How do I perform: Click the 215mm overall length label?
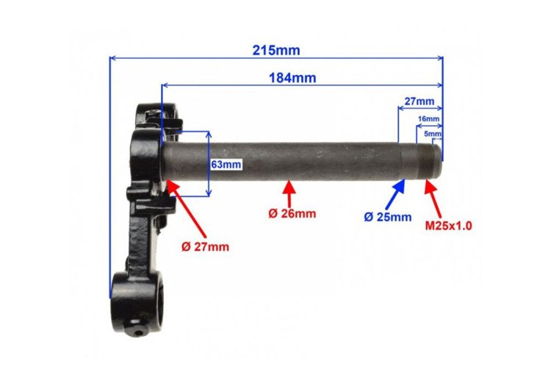pyautogui.click(x=276, y=51)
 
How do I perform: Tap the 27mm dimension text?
pyautogui.click(x=419, y=101)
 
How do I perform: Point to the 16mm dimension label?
pyautogui.click(x=429, y=118)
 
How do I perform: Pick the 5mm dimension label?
pyautogui.click(x=434, y=134)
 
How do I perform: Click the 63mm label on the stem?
pyautogui.click(x=226, y=165)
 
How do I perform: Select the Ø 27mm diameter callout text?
pyautogui.click(x=206, y=246)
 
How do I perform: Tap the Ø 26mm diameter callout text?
pyautogui.click(x=292, y=213)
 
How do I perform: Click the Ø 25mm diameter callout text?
pyautogui.click(x=387, y=217)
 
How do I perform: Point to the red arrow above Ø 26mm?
pyautogui.click(x=290, y=193)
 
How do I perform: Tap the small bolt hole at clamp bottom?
pyautogui.click(x=140, y=332)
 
